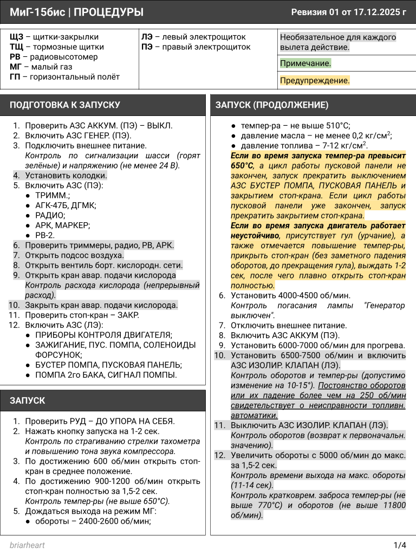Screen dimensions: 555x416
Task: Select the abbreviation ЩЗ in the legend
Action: (x=16, y=37)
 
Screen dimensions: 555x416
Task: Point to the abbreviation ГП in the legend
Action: (x=15, y=77)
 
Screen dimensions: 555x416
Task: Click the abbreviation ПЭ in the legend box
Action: (x=147, y=47)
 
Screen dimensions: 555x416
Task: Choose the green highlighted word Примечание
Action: (x=305, y=63)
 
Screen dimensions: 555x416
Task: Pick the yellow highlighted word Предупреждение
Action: (x=314, y=81)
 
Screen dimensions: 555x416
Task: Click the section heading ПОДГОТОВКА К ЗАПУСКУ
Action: (x=65, y=105)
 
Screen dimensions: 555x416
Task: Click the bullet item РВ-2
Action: (x=45, y=235)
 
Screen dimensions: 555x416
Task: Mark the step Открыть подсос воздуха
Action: (x=74, y=255)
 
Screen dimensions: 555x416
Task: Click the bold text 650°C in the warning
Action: (x=242, y=165)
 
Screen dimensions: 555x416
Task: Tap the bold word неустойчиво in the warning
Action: (x=255, y=236)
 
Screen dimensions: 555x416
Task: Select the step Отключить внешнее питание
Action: (x=288, y=326)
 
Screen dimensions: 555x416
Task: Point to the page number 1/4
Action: (x=400, y=545)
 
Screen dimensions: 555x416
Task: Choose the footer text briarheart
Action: (x=27, y=545)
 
